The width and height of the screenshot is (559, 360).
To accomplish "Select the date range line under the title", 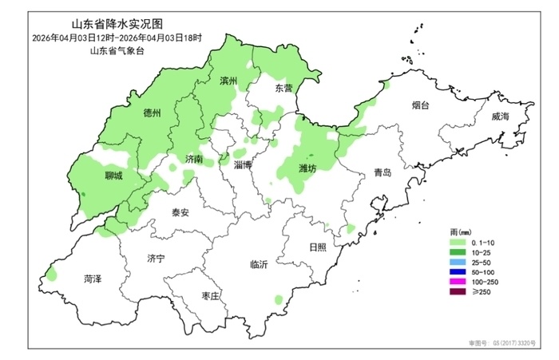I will (x=117, y=38).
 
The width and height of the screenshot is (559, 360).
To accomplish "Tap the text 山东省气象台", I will (x=117, y=50).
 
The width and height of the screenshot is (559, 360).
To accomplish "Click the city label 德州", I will (x=152, y=113).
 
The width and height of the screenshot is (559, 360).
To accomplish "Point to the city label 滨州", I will (x=229, y=81).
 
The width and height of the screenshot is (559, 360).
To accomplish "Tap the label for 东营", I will (x=283, y=88).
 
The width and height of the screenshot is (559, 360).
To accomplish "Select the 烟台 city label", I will (x=421, y=105).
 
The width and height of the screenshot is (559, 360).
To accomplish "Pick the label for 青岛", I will (x=383, y=173).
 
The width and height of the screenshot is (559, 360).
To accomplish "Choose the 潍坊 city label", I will (x=307, y=168).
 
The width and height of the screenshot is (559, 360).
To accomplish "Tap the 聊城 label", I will (x=113, y=176).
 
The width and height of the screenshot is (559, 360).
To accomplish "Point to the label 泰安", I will (x=180, y=213).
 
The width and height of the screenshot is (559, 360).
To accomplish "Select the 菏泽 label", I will (x=93, y=279).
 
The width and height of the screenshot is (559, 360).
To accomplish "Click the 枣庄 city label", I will (x=210, y=295).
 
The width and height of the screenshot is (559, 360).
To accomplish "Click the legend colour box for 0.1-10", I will (x=458, y=241).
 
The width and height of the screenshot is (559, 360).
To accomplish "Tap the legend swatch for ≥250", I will (x=458, y=293).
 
